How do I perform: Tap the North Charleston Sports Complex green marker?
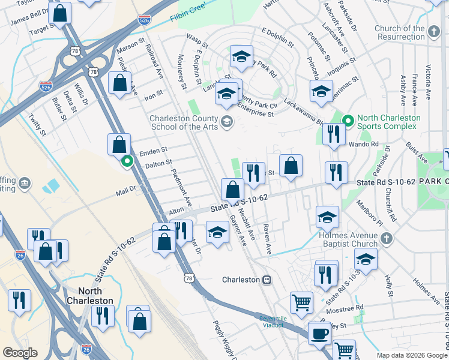346,120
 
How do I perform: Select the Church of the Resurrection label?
399,32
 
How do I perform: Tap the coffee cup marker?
319,334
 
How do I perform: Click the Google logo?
20,353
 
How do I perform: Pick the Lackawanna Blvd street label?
304,113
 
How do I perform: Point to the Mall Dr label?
125,191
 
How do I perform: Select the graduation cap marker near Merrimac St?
321,91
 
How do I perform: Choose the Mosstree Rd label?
344,309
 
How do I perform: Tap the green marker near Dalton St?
127,161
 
